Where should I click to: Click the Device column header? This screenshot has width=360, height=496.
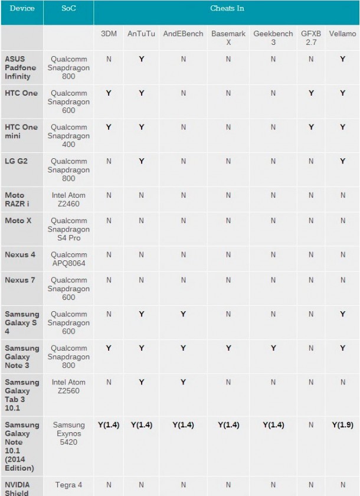pyautogui.click(x=22, y=9)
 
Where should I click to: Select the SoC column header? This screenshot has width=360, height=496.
pyautogui.click(x=68, y=9)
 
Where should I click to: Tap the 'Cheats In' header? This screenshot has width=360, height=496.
pyautogui.click(x=227, y=9)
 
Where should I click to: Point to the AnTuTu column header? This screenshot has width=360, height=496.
pyautogui.click(x=141, y=34)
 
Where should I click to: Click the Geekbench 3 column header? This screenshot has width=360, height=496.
pyautogui.click(x=273, y=38)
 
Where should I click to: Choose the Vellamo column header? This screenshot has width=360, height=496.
pyautogui.click(x=342, y=34)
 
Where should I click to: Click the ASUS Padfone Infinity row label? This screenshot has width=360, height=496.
pyautogui.click(x=21, y=68)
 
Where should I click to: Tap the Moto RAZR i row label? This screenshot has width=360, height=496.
pyautogui.click(x=19, y=200)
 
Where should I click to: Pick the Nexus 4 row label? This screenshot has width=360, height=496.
pyautogui.click(x=21, y=254)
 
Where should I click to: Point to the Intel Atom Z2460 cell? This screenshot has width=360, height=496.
pyautogui.click(x=68, y=200)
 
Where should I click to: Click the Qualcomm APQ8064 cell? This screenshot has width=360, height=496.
pyautogui.click(x=68, y=259)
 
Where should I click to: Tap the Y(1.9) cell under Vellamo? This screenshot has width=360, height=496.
pyautogui.click(x=342, y=425)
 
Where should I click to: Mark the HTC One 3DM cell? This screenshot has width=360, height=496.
pyautogui.click(x=109, y=93)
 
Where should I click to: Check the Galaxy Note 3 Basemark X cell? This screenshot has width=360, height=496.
pyautogui.click(x=228, y=348)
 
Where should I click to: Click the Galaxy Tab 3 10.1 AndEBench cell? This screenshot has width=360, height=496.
pyautogui.click(x=183, y=383)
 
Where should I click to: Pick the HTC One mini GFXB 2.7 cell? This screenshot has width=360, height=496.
pyautogui.click(x=311, y=128)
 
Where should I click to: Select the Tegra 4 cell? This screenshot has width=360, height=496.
pyautogui.click(x=68, y=485)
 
